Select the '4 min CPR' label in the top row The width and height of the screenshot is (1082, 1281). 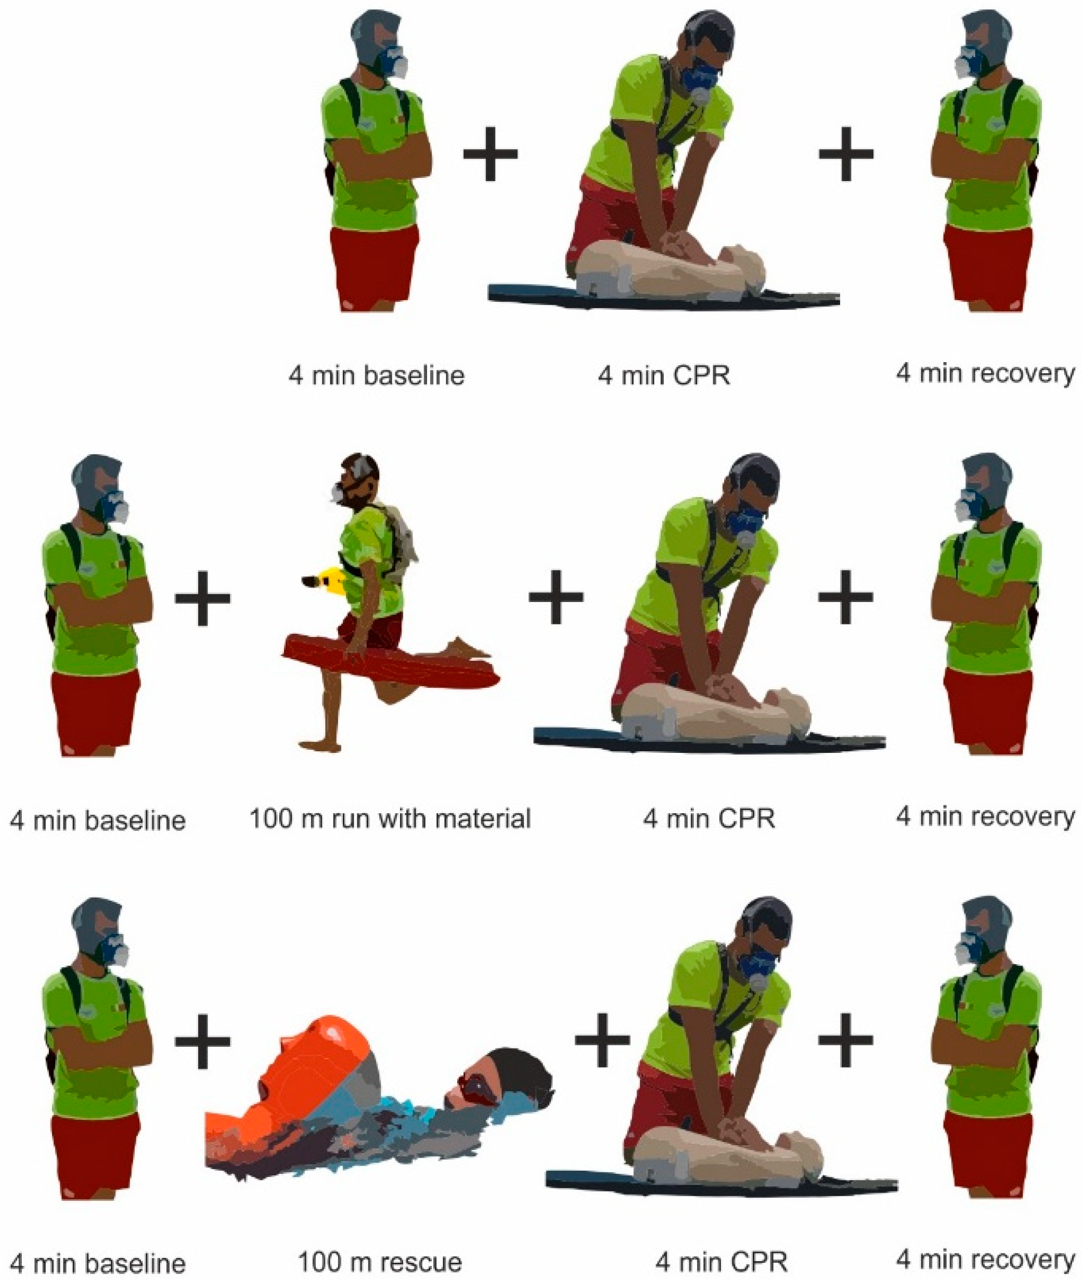coord(664,375)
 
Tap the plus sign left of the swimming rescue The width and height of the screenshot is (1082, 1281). coord(202,1040)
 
